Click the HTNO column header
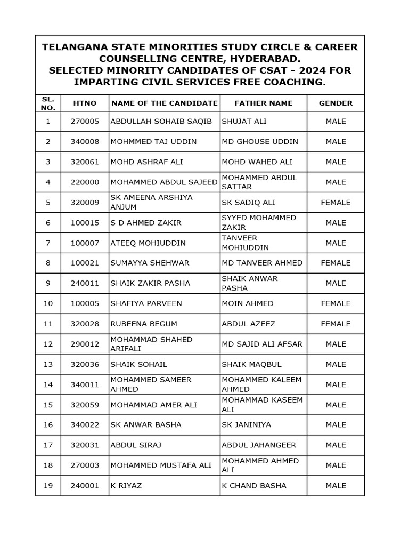[x=85, y=103]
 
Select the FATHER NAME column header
[x=263, y=103]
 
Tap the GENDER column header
[x=336, y=103]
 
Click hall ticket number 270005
[x=85, y=122]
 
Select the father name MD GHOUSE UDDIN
[x=259, y=142]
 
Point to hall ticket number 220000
[x=85, y=182]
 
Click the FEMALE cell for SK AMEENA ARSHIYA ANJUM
[x=336, y=203]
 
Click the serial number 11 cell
[x=48, y=324]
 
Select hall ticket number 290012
[x=85, y=344]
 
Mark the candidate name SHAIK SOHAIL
[x=138, y=364]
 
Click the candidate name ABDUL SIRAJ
[x=135, y=445]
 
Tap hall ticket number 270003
[x=85, y=465]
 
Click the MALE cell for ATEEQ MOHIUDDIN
[x=336, y=243]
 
